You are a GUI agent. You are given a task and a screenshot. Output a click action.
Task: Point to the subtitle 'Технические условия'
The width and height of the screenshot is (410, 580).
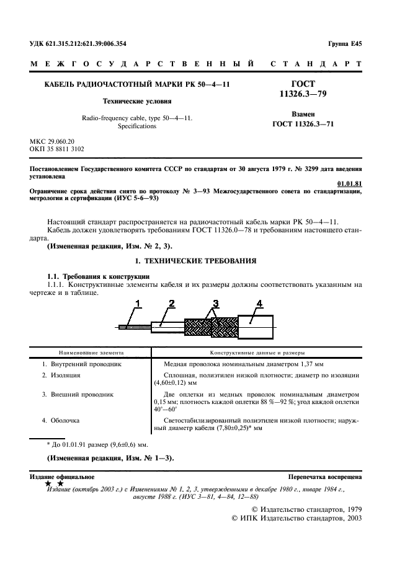(137, 100)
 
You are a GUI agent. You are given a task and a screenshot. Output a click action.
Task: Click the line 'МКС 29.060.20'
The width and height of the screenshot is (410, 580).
(56, 141)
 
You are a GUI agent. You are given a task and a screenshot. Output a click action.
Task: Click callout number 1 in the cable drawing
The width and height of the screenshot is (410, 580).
(139, 303)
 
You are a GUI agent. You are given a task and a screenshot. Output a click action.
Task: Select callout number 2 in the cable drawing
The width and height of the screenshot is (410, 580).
(171, 303)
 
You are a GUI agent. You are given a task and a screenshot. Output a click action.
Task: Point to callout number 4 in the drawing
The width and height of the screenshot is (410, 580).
(259, 303)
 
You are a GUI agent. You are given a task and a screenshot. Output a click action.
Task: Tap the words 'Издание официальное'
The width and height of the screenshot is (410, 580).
(62, 477)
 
